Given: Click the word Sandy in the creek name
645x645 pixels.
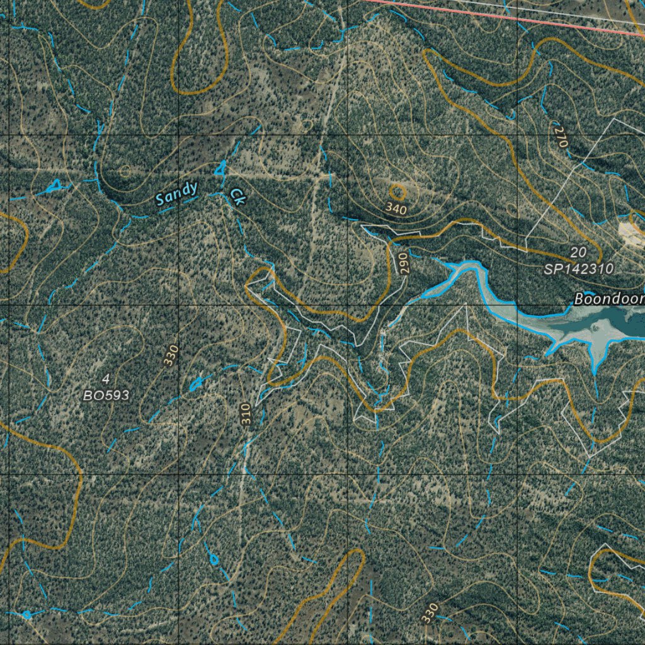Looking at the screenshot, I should (177, 193).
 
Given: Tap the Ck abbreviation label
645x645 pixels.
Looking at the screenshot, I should (237, 197).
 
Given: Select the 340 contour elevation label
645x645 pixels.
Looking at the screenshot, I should (396, 208).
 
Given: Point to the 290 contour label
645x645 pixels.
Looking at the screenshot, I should (404, 263).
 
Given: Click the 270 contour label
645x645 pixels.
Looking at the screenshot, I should (561, 137).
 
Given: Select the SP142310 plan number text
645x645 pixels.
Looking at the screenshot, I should (579, 268).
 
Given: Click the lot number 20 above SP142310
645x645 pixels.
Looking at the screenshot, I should (578, 253).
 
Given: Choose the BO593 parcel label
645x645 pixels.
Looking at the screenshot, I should (106, 396).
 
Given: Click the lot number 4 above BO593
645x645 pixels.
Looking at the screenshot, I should (105, 379).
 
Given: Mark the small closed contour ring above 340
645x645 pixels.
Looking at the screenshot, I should (397, 191).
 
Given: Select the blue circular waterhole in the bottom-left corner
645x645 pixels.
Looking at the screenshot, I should (26, 614).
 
